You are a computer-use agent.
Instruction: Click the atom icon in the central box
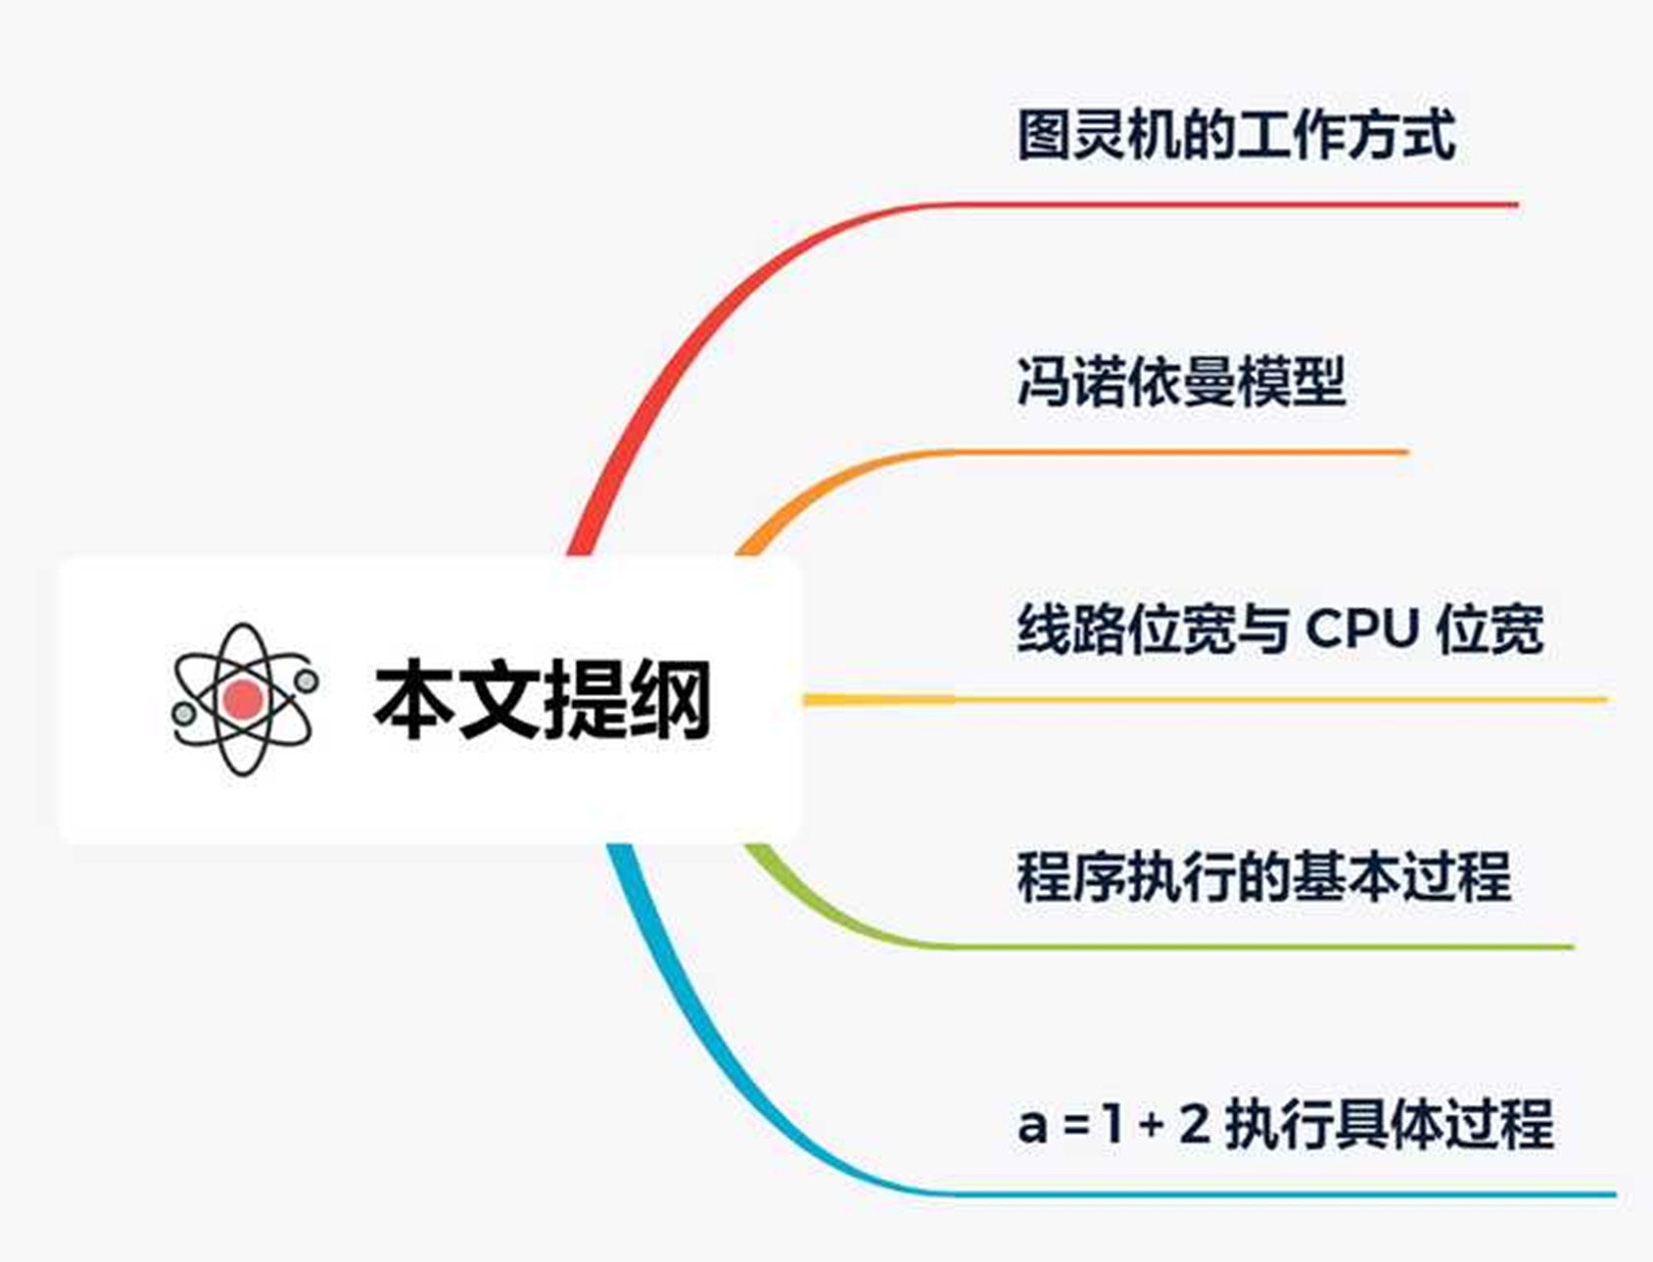[x=244, y=699]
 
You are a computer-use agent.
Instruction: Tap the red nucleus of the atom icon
[x=243, y=699]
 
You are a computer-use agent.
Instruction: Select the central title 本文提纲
[x=542, y=699]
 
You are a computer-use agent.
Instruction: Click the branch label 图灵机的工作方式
[x=1236, y=134]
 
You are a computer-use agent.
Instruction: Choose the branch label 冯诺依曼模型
[x=1180, y=381]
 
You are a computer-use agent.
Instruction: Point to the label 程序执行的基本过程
[x=1263, y=875]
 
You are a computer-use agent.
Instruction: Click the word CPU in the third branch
[x=1362, y=629]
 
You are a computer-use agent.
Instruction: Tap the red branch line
[x=1224, y=205]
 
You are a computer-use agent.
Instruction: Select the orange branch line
[x=1175, y=452]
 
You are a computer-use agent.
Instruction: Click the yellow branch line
[x=1273, y=699]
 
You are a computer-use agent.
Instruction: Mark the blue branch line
[x=1273, y=1193]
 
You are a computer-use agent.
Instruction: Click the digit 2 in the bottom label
[x=1194, y=1124]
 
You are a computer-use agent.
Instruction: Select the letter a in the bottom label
[x=1032, y=1126]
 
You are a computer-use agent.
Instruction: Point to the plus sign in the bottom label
[x=1152, y=1126]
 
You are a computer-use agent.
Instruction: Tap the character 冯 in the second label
[x=1044, y=381]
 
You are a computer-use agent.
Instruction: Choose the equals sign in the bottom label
[x=1077, y=1126]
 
